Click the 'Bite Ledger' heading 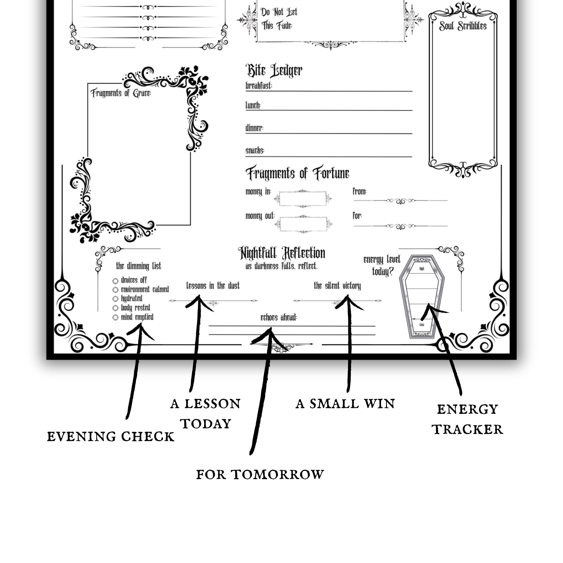[x=274, y=71]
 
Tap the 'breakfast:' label [x=258, y=86]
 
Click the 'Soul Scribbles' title [x=463, y=26]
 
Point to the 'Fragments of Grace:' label [x=121, y=93]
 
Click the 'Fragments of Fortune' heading [x=297, y=173]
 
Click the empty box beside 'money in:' [x=303, y=199]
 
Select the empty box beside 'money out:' [x=303, y=224]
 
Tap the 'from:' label [x=359, y=191]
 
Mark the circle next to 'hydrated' [x=115, y=299]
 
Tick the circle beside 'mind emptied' [x=115, y=317]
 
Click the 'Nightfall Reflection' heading [x=281, y=253]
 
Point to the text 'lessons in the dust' [x=213, y=286]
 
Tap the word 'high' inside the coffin [x=422, y=269]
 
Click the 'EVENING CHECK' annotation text [x=111, y=437]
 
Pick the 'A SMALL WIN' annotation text [x=345, y=404]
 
